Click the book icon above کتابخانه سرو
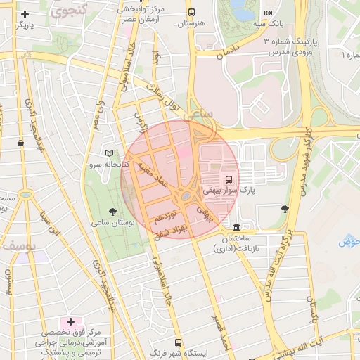point(108,153)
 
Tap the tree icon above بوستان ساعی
point(112,210)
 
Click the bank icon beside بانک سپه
point(267,13)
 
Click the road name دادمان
point(228,52)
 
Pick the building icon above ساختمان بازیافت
point(236,227)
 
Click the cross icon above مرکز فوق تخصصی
point(70,321)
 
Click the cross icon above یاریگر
point(25,14)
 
